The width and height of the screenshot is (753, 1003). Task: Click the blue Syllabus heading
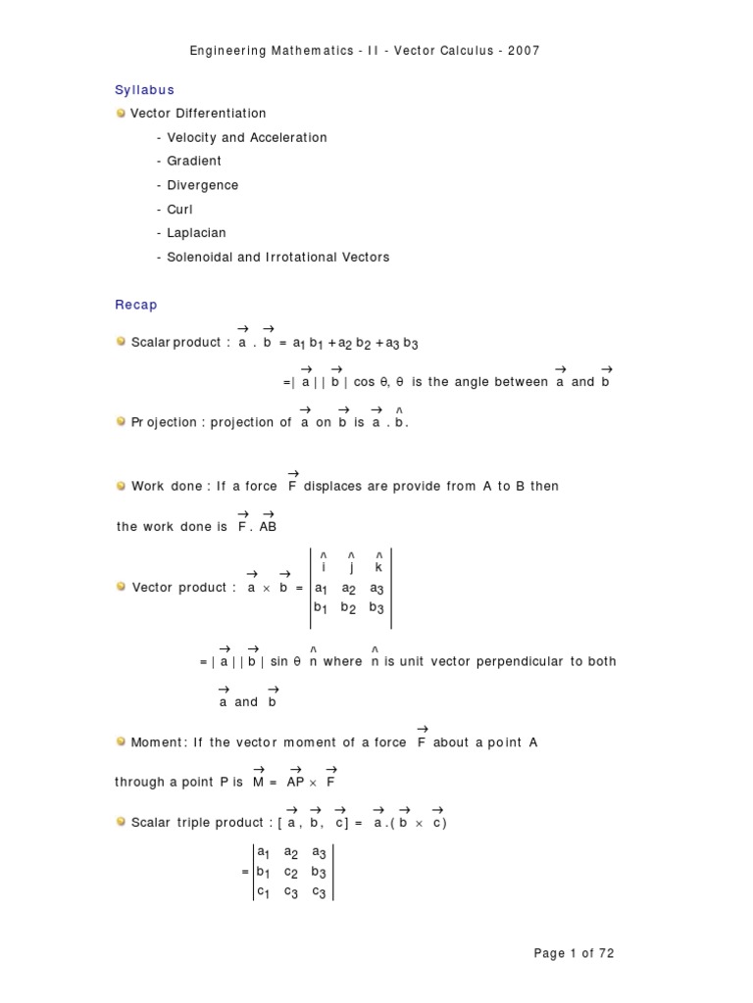click(144, 90)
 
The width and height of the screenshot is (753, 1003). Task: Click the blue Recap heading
click(136, 305)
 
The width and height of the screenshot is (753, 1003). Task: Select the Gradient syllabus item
click(194, 161)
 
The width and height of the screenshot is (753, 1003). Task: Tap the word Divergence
click(203, 185)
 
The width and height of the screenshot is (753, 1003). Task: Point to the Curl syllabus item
click(180, 209)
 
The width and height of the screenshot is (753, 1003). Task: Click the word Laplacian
click(197, 233)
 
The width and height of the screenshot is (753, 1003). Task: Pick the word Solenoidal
click(206, 257)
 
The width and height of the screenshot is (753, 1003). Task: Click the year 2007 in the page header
click(523, 50)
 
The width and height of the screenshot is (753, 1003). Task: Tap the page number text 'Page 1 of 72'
click(574, 953)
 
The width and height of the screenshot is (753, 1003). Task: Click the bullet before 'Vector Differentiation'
click(121, 113)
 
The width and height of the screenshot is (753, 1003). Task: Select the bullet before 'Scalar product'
click(121, 342)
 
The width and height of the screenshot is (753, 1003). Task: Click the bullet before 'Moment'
click(121, 741)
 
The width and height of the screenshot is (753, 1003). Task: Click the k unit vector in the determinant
click(377, 567)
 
